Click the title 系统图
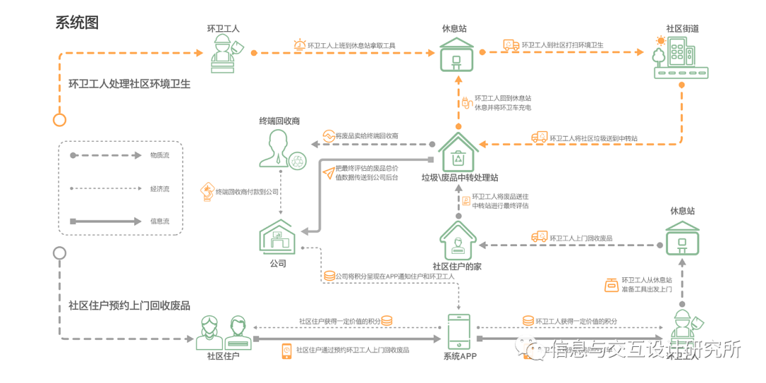[77, 23]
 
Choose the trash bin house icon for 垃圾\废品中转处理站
[458, 152]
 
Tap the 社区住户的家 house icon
[457, 240]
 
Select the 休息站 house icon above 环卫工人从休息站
[682, 237]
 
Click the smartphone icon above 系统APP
[459, 331]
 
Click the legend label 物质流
[160, 155]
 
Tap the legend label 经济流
[160, 189]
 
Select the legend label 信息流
[160, 221]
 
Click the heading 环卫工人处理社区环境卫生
[129, 84]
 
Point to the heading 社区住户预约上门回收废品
[129, 306]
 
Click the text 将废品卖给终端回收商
[366, 135]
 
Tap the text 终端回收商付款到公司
[247, 191]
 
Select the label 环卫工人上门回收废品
[581, 238]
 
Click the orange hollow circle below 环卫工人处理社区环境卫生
[60, 119]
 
